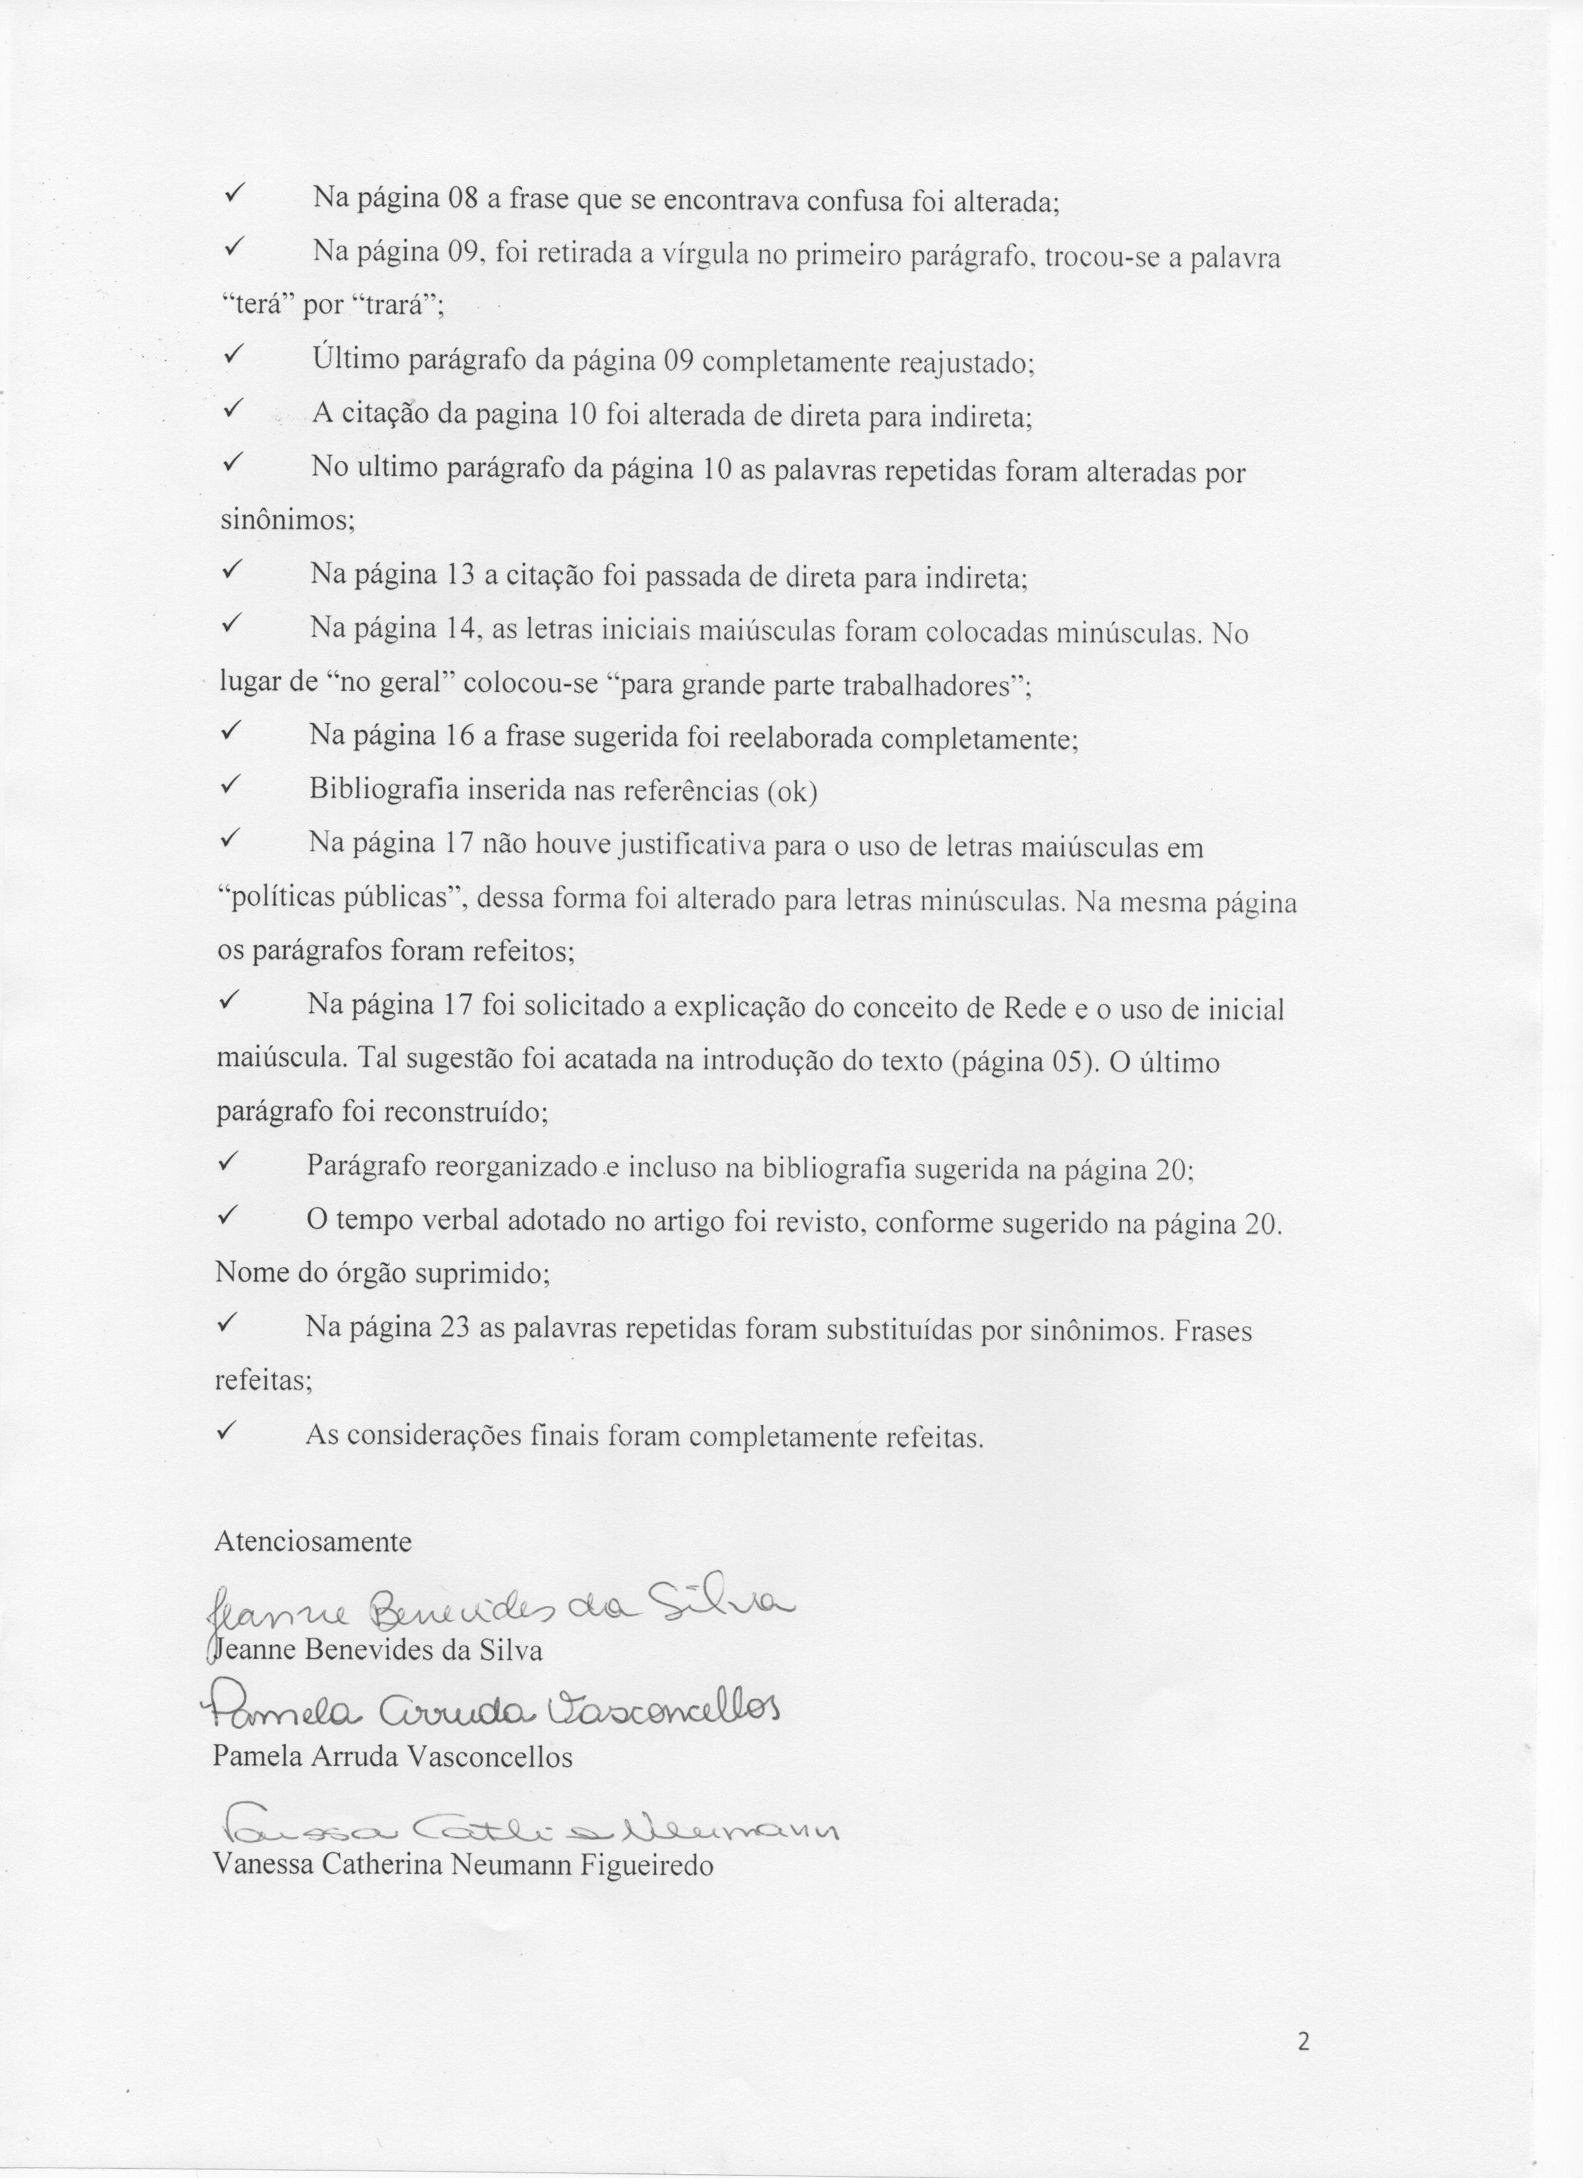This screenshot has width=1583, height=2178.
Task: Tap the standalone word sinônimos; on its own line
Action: pyautogui.click(x=288, y=521)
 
